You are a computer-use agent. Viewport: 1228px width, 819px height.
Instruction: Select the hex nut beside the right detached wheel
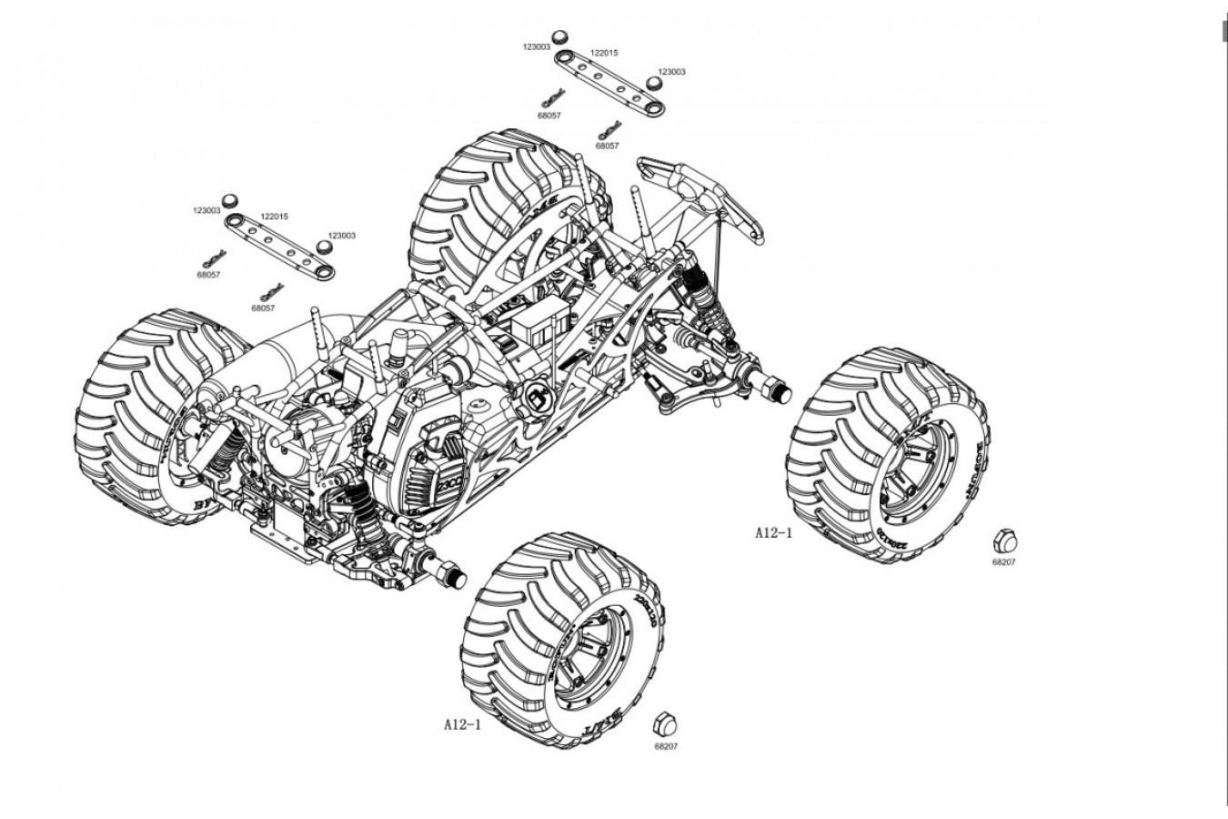point(1003,541)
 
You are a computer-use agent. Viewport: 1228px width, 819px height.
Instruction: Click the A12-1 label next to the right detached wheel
point(773,532)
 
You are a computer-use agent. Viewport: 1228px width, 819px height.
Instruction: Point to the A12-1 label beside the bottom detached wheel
point(462,725)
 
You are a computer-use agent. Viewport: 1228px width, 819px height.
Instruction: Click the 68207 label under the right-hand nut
point(1003,562)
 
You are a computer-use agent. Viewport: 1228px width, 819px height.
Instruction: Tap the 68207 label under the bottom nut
point(666,746)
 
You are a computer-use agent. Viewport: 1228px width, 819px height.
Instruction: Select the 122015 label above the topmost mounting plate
point(604,53)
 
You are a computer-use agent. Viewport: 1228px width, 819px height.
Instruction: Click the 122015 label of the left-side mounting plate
point(274,217)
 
